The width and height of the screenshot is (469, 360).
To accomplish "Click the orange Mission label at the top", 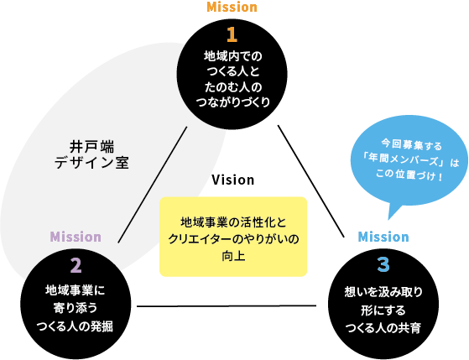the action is pyautogui.click(x=232, y=7).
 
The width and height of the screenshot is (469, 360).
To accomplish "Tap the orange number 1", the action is pyautogui.click(x=232, y=34).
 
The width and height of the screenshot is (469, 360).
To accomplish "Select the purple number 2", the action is pyautogui.click(x=76, y=265).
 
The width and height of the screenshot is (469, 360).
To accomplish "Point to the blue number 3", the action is pyautogui.click(x=383, y=264).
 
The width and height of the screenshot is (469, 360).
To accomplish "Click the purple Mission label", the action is pyautogui.click(x=76, y=237).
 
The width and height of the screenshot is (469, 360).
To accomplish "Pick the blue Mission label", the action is pyautogui.click(x=383, y=237).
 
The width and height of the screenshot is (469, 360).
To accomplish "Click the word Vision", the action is pyautogui.click(x=233, y=180).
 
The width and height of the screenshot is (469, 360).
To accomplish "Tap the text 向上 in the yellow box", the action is pyautogui.click(x=233, y=257).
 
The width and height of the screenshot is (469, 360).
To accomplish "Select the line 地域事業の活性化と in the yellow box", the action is pyautogui.click(x=233, y=222).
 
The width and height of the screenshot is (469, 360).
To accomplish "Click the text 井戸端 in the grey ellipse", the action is pyautogui.click(x=91, y=147).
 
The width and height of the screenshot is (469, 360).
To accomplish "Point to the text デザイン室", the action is pyautogui.click(x=91, y=163).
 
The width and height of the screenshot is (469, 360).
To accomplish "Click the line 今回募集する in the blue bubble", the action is pyautogui.click(x=412, y=145).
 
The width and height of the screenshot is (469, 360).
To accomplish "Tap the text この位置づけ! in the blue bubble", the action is pyautogui.click(x=409, y=175).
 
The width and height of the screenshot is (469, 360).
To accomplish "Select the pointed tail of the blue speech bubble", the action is pyautogui.click(x=388, y=219).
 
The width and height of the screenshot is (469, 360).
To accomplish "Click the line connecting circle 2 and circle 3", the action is pyautogui.click(x=227, y=305).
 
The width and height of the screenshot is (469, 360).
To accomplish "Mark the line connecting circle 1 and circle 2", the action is pyautogui.click(x=153, y=185).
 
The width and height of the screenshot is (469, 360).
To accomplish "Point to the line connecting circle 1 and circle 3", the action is pyautogui.click(x=311, y=181).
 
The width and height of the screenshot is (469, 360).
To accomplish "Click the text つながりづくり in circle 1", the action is pyautogui.click(x=233, y=102).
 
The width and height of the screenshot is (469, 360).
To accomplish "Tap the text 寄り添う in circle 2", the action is pyautogui.click(x=76, y=308).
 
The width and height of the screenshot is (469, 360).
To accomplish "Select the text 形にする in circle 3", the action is pyautogui.click(x=383, y=310).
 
